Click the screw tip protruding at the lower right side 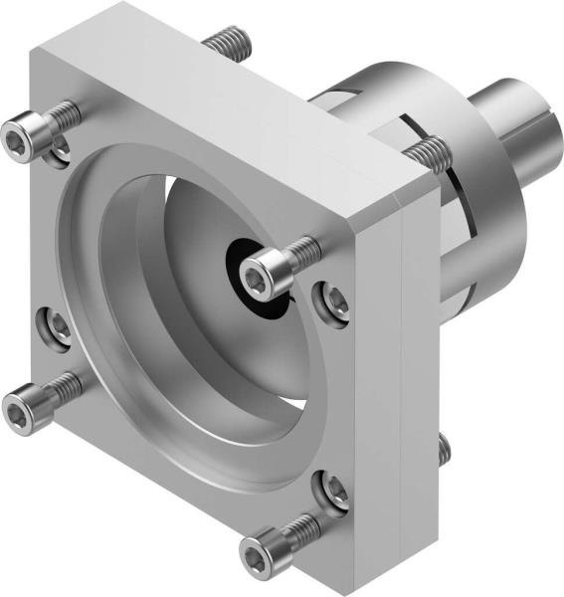(x=444, y=450)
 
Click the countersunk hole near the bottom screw (x=332, y=489)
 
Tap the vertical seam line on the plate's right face (x=400, y=398)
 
